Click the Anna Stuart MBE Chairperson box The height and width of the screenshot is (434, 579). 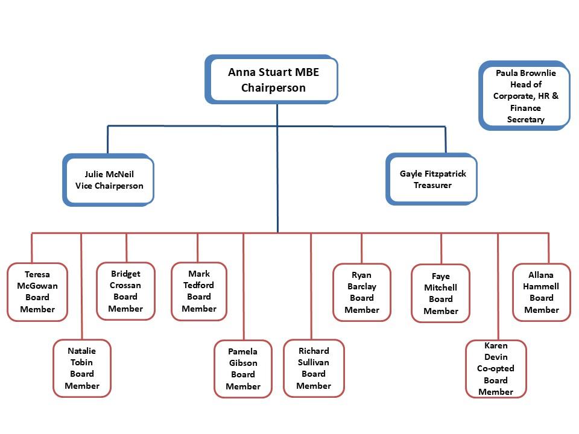[x=273, y=80]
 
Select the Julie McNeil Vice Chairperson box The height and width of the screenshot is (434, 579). [x=109, y=180]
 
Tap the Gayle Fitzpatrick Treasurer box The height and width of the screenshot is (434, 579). [x=432, y=179]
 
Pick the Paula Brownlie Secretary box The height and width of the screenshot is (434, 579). [x=525, y=96]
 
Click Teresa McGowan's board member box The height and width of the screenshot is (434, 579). [x=37, y=292]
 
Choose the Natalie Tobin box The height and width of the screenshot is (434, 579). [x=82, y=368]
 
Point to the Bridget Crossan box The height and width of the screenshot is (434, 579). [x=125, y=291]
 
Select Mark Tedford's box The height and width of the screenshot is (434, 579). [x=199, y=291]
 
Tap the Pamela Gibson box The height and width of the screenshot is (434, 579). [x=243, y=368]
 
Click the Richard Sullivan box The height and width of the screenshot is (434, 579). [x=314, y=368]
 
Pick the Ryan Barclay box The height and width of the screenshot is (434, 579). [x=362, y=292]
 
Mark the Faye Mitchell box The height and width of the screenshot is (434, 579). [x=441, y=294]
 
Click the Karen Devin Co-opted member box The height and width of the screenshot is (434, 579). [x=496, y=369]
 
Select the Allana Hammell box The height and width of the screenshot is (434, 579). [x=542, y=292]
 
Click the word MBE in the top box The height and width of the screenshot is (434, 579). [x=306, y=72]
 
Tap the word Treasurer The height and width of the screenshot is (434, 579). [x=432, y=185]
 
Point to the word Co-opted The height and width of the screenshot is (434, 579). [x=496, y=368]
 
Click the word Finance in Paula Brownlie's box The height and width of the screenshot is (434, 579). [x=525, y=108]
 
